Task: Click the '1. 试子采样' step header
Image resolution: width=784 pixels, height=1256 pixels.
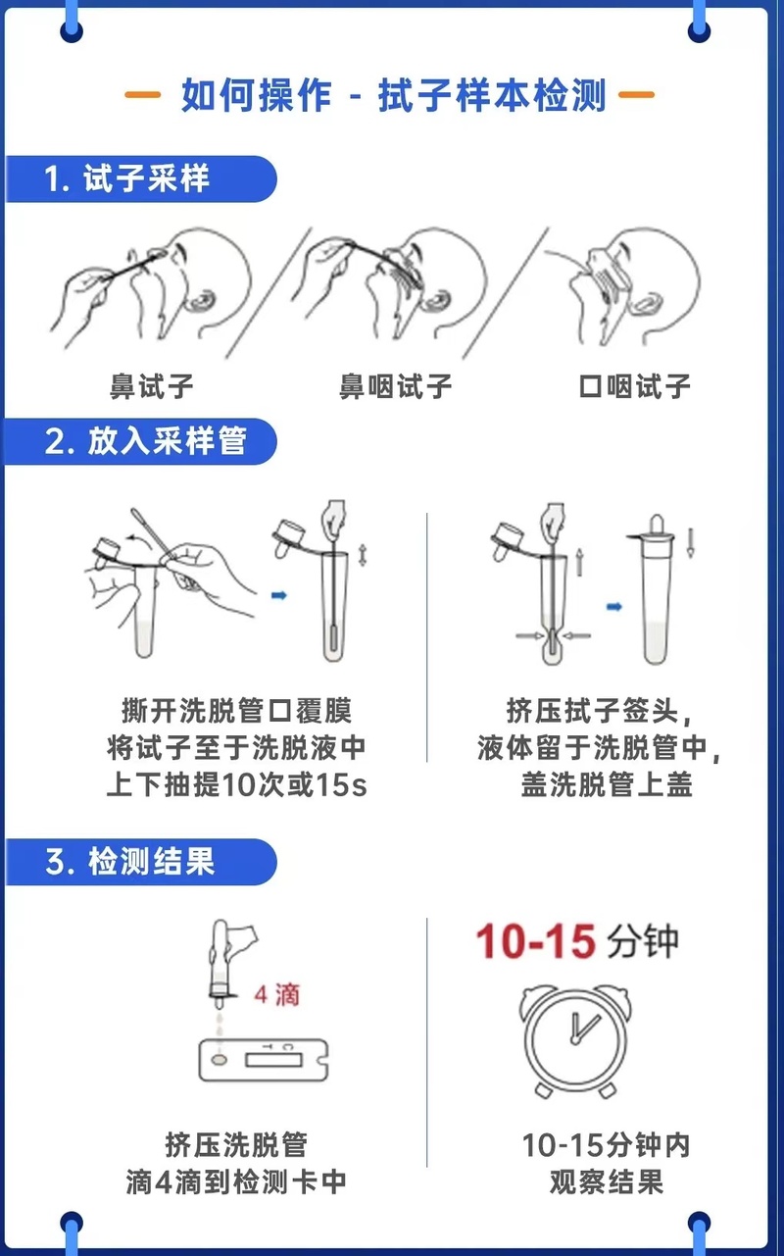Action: pos(127,178)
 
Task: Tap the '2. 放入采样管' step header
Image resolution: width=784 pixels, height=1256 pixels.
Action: pos(146,441)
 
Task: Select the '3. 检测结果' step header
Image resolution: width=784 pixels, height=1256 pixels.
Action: pos(130,861)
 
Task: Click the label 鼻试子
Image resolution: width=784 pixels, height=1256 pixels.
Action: pos(151,386)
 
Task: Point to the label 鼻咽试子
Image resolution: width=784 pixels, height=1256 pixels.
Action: pos(396,386)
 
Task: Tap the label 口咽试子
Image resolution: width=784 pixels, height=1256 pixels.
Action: pos(634,386)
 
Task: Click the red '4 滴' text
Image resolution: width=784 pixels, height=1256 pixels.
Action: pos(276,995)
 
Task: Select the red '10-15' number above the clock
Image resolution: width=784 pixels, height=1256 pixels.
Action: pos(535,941)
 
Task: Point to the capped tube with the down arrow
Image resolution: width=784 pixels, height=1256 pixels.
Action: pos(654,588)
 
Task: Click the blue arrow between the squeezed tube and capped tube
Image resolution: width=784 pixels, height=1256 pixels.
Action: pos(614,606)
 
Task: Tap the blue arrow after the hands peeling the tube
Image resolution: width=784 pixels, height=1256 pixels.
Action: pos(279,595)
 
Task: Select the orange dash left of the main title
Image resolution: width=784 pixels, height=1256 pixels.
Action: pos(142,95)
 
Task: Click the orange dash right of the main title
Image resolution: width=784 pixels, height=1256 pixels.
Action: pos(636,95)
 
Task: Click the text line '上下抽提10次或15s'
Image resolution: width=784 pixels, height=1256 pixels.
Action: pos(236,784)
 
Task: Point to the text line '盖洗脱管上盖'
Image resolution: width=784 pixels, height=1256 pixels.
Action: pos(607,784)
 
